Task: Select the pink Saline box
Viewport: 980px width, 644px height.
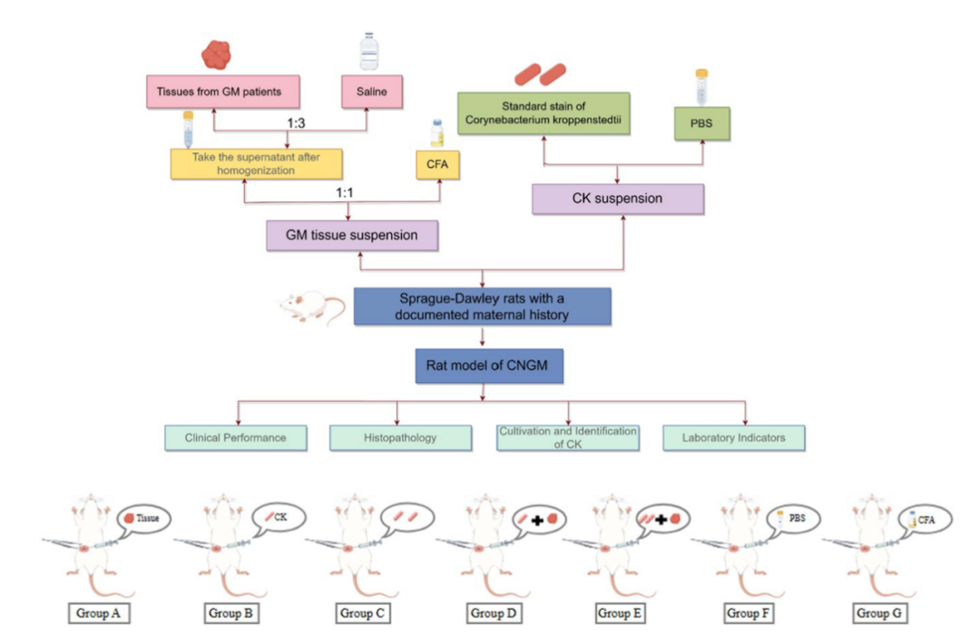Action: click(x=371, y=92)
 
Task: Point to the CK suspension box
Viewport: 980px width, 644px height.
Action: click(x=618, y=198)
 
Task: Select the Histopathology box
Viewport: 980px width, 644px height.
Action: click(x=400, y=437)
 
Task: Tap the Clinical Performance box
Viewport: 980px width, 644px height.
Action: click(x=235, y=437)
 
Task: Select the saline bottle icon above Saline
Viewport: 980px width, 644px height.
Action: click(x=367, y=51)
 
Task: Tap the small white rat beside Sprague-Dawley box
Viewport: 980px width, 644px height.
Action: click(x=310, y=307)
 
